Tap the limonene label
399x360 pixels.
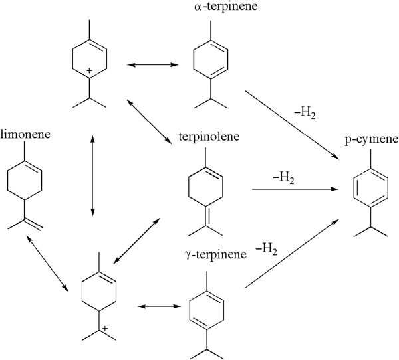tap(25, 135)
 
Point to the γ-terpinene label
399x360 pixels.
tap(208, 255)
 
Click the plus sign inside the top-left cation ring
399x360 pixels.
tap(90, 70)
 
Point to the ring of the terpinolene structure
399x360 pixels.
tap(206, 183)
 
